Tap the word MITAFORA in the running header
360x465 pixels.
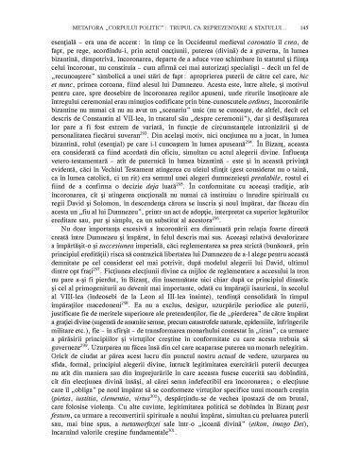pyautogui.click(x=63, y=11)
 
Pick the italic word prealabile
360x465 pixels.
pyautogui.click(x=288, y=191)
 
